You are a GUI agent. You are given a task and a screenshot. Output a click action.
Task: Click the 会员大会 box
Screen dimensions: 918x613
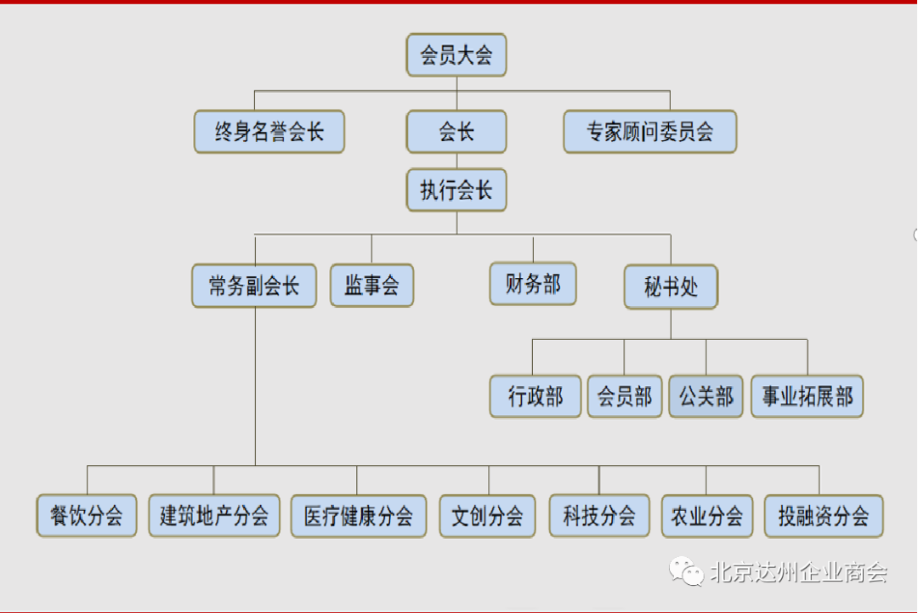(456, 55)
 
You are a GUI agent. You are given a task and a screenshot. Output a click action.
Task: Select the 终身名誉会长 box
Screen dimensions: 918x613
(269, 132)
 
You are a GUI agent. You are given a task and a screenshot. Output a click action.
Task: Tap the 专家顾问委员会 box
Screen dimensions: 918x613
(650, 132)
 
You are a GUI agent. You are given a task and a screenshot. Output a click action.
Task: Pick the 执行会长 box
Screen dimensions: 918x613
(456, 190)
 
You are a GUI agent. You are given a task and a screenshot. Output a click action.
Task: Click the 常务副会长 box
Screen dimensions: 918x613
(254, 286)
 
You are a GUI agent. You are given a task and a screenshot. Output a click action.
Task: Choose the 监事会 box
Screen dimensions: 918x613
(371, 285)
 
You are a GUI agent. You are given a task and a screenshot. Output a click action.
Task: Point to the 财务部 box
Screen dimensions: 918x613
(533, 284)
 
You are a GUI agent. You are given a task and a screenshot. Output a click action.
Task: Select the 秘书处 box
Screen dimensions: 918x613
(671, 287)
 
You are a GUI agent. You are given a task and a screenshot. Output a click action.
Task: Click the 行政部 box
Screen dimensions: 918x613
(535, 396)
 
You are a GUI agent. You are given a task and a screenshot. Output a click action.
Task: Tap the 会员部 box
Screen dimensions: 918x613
(625, 396)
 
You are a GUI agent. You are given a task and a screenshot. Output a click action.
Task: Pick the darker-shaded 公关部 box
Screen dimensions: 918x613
(706, 396)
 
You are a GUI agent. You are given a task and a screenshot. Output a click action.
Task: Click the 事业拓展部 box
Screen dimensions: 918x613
(807, 396)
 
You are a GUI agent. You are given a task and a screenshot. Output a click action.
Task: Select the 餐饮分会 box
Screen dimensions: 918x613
(87, 516)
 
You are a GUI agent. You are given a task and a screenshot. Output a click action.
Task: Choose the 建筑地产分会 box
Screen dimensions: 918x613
(214, 516)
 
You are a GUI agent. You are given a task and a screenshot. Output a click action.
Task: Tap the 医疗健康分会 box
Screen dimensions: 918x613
(359, 516)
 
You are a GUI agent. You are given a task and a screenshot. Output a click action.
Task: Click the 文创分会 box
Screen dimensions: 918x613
(488, 516)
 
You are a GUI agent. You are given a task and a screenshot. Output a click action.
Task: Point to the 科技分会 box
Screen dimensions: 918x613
(599, 516)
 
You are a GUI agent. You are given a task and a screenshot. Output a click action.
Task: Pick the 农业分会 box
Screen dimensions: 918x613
(707, 516)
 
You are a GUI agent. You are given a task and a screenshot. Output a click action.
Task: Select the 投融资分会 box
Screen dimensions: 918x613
(824, 516)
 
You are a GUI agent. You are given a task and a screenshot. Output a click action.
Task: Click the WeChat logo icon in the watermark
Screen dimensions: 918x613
(686, 571)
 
